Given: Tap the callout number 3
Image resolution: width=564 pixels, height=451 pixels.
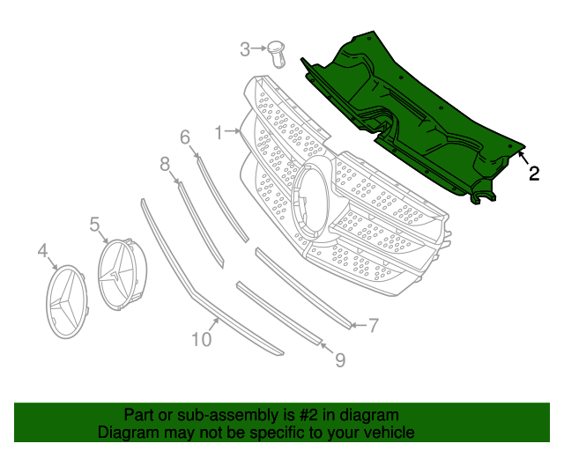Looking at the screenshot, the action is click(x=245, y=50).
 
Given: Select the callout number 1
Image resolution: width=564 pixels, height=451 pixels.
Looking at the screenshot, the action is click(x=218, y=133).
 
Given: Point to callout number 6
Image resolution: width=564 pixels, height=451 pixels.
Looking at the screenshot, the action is click(x=185, y=137).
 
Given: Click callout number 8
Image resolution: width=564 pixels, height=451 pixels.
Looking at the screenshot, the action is click(x=165, y=163).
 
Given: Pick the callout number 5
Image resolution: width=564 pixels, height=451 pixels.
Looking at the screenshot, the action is click(x=94, y=225).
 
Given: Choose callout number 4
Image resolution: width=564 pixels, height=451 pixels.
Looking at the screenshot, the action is click(x=42, y=254).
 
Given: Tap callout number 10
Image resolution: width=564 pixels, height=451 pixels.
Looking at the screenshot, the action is click(x=201, y=338).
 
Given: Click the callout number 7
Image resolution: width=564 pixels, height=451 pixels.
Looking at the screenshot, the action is click(x=373, y=326).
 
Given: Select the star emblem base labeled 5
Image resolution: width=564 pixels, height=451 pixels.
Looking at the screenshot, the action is click(x=121, y=274).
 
